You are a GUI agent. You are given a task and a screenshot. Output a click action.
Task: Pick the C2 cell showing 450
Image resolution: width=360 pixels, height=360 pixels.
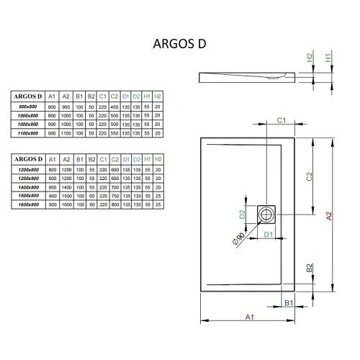click(x=114, y=107)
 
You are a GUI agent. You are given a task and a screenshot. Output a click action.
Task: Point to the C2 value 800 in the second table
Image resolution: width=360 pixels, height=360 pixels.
click(x=114, y=206)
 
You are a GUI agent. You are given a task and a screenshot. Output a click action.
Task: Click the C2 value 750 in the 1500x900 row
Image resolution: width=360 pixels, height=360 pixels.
click(x=114, y=197)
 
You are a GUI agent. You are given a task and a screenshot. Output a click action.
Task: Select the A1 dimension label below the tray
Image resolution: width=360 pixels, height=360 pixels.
click(x=249, y=317)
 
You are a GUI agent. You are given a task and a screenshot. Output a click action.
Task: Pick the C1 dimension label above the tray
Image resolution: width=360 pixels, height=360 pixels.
click(x=282, y=120)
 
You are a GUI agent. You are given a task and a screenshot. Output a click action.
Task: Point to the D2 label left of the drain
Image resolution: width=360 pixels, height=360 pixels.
click(x=243, y=213)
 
